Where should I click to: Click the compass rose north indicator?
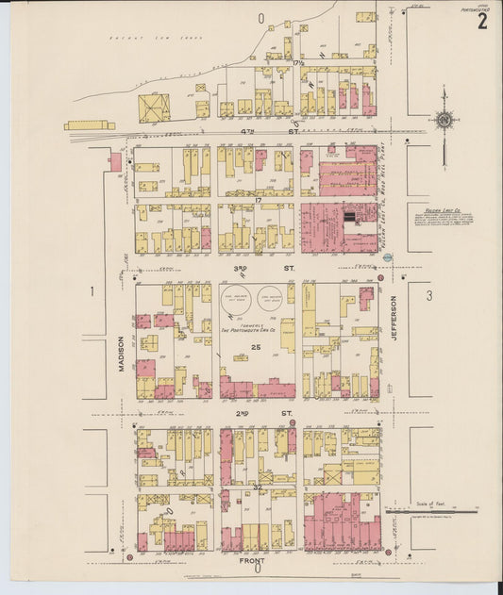coord(443,120)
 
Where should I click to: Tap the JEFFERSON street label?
coord(394,322)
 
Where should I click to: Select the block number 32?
coord(257,488)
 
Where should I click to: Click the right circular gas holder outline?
coord(271,301)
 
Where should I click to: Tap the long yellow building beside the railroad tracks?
coord(89,124)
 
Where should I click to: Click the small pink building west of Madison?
coord(115,161)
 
